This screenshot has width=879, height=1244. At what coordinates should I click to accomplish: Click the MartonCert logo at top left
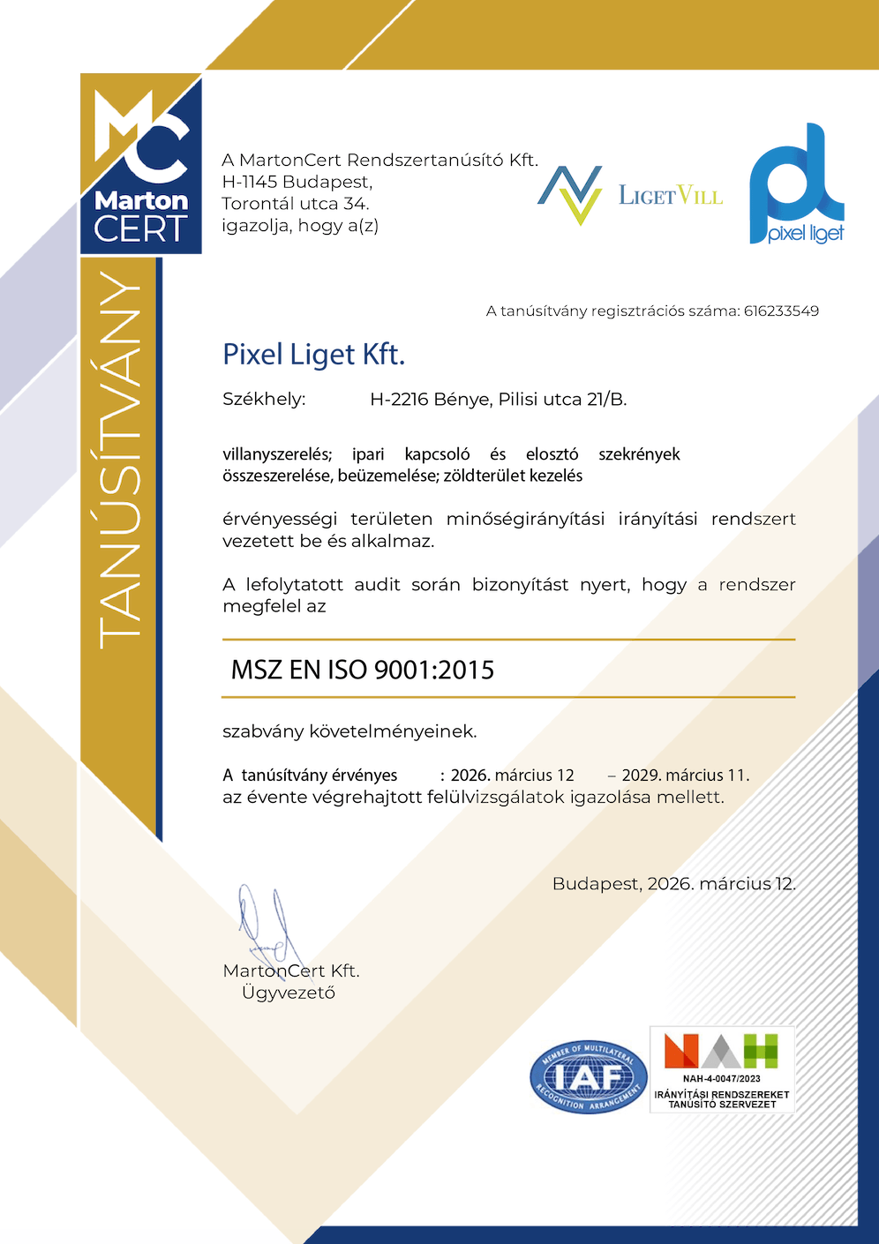click(141, 164)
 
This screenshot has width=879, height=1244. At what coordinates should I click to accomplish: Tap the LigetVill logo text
click(670, 195)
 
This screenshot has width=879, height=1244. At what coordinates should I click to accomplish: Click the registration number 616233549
click(781, 311)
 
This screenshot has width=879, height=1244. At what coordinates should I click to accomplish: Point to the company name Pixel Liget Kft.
click(313, 355)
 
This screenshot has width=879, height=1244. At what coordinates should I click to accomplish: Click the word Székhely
click(264, 399)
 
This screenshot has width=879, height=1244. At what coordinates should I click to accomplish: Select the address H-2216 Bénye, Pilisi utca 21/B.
click(498, 399)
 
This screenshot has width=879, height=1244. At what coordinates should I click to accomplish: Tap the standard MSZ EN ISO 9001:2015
click(362, 670)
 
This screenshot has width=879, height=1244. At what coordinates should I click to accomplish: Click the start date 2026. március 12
click(512, 776)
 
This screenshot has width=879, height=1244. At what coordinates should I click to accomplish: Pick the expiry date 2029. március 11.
click(685, 776)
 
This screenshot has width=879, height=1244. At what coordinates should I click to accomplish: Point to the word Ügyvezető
click(289, 993)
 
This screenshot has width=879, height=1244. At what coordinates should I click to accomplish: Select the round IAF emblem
click(589, 1076)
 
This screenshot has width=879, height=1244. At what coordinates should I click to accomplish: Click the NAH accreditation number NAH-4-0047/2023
click(721, 1078)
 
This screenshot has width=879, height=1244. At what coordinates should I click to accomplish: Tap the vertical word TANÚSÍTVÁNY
click(121, 459)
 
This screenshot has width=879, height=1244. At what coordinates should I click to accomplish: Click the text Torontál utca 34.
click(295, 204)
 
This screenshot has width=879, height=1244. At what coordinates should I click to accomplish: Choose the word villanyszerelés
click(277, 454)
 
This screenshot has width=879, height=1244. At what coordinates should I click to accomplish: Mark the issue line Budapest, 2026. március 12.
click(673, 883)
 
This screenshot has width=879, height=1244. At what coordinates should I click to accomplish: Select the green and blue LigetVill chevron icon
click(570, 194)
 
